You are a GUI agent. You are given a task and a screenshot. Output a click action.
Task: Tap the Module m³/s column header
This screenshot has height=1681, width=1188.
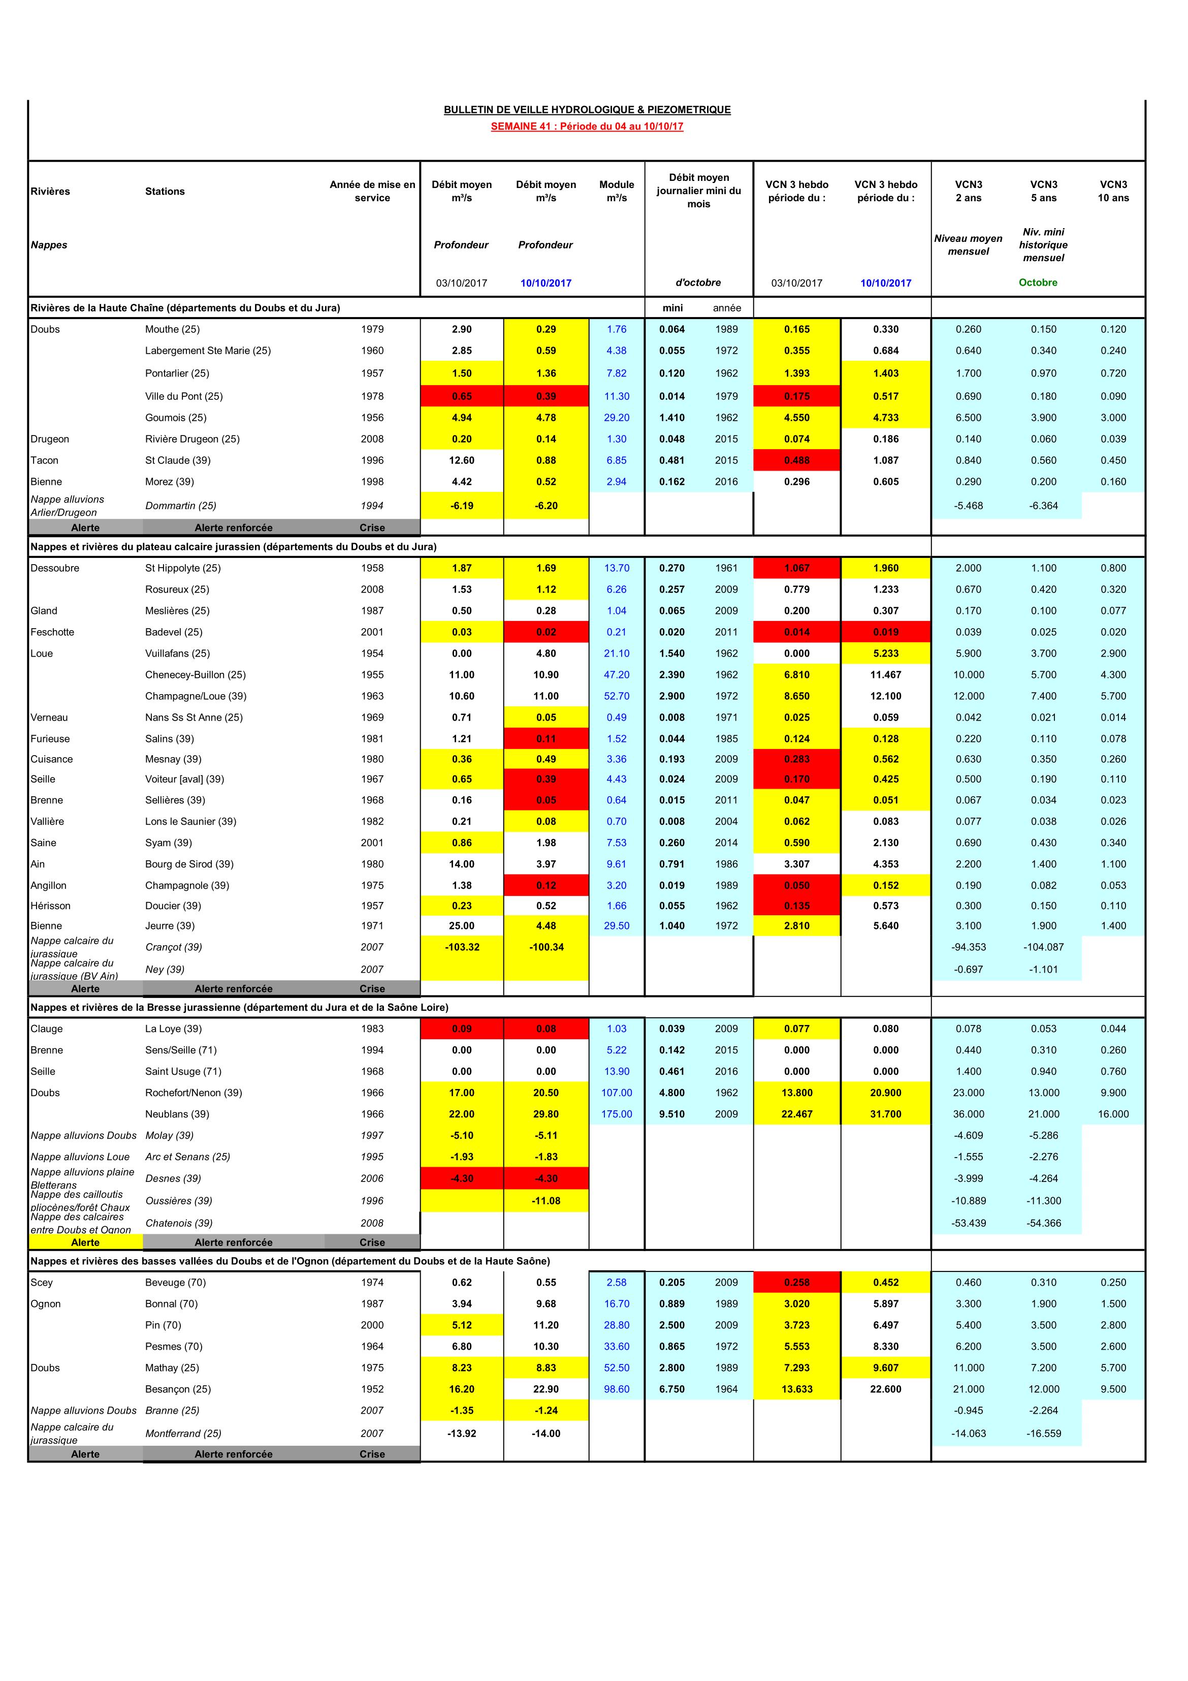pyautogui.click(x=616, y=191)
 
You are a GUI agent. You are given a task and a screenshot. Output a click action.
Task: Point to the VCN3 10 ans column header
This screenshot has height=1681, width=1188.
pyautogui.click(x=1113, y=191)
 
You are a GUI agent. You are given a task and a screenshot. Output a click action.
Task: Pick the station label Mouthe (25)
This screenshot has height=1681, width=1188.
pyautogui.click(x=172, y=329)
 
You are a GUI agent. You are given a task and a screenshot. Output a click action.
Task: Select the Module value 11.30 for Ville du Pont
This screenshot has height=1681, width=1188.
pyautogui.click(x=616, y=396)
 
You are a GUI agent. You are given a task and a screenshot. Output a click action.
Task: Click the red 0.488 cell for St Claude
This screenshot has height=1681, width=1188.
pyautogui.click(x=796, y=460)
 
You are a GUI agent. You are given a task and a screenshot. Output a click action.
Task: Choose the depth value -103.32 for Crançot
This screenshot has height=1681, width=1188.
pyautogui.click(x=462, y=947)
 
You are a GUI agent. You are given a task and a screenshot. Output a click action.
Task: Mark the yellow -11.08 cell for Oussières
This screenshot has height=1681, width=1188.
pyautogui.click(x=545, y=1201)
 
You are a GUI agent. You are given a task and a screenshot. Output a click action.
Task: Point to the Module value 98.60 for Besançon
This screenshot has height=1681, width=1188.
pyautogui.click(x=616, y=1389)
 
